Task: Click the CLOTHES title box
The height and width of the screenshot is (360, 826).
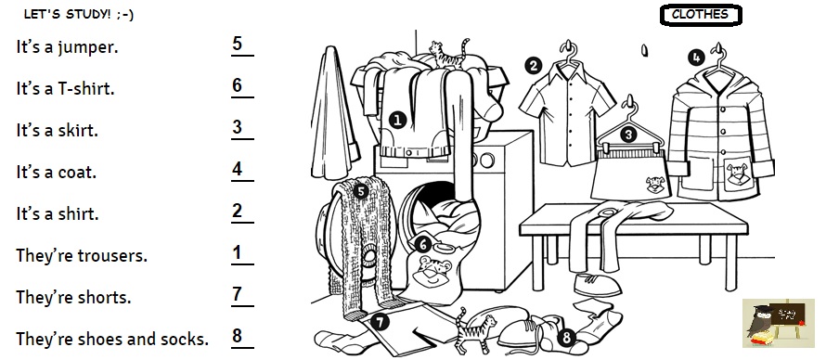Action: tap(701, 15)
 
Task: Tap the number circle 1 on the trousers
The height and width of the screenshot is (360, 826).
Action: tap(398, 120)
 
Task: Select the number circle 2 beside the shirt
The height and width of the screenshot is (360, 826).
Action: tap(533, 66)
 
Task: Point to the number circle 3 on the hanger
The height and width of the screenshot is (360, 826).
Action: tap(628, 135)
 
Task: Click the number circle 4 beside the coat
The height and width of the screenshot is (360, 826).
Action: tap(696, 58)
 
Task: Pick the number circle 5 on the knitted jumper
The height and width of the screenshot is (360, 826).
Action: tap(360, 191)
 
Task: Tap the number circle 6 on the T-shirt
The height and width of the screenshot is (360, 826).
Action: tap(422, 244)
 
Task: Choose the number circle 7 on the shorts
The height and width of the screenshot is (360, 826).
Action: tap(380, 322)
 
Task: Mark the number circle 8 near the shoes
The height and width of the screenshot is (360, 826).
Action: tap(566, 337)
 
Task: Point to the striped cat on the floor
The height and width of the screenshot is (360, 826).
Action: tap(474, 331)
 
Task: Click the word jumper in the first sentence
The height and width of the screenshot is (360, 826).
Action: tap(87, 47)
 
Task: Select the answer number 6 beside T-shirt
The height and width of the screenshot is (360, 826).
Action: tap(237, 85)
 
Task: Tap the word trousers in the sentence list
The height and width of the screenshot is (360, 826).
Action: tap(112, 256)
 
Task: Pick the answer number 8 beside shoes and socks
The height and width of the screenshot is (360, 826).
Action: tap(237, 336)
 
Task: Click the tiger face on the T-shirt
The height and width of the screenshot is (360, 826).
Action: tap(433, 272)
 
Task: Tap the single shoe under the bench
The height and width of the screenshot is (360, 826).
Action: tap(597, 285)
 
